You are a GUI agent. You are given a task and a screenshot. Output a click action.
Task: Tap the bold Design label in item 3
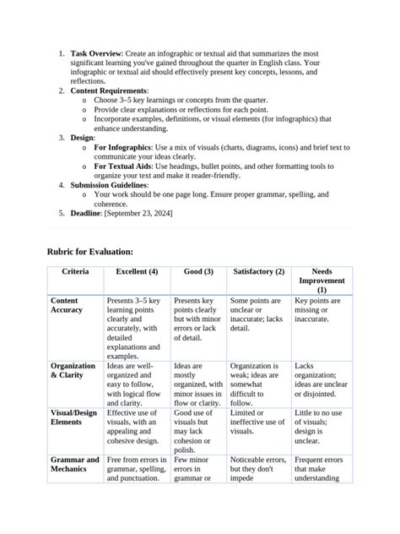(84, 136)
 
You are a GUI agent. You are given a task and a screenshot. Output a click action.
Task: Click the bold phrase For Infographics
(125, 146)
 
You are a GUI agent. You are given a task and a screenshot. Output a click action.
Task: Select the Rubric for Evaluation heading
(90, 252)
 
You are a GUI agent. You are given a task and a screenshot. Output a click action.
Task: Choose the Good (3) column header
(198, 272)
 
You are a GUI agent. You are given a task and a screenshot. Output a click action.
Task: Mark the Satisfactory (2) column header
(258, 272)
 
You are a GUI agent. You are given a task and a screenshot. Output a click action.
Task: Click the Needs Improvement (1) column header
(322, 281)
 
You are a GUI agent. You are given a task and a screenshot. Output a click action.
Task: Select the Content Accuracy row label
(67, 305)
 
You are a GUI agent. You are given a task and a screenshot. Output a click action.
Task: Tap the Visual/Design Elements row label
(73, 417)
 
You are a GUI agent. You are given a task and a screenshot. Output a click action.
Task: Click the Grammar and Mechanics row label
(74, 465)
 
